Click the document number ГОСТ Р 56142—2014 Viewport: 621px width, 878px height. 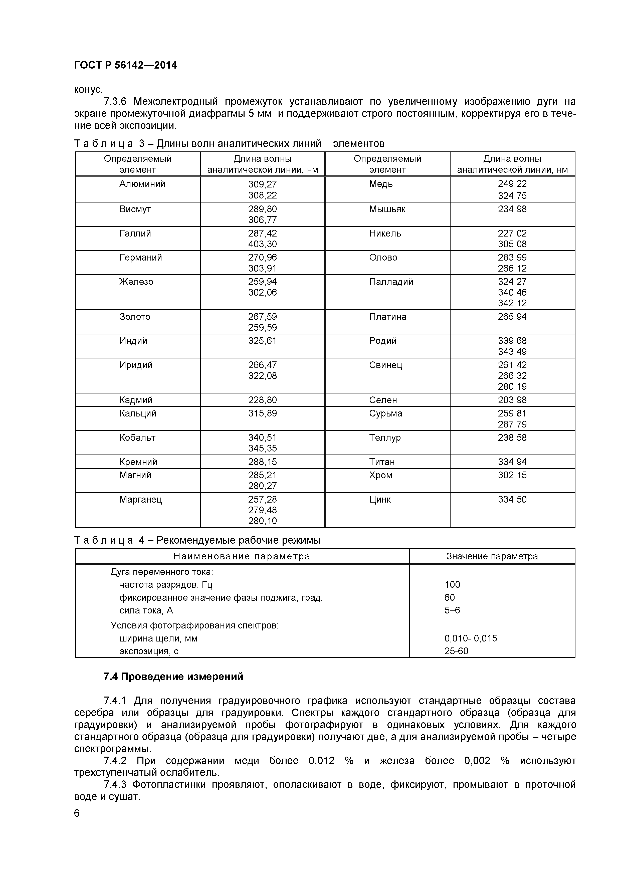[125, 65]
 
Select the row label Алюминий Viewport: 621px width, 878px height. [142, 184]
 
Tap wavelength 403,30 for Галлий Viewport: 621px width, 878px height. [262, 244]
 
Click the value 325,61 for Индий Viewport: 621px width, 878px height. [262, 341]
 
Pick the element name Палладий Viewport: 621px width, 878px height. [391, 282]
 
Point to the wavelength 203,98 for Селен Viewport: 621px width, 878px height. [512, 400]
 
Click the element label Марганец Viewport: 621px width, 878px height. [140, 499]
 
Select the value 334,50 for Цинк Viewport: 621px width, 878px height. [512, 499]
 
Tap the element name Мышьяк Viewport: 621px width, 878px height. [387, 209]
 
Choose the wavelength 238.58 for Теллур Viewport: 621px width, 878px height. [512, 437]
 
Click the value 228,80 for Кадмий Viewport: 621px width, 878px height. [262, 400]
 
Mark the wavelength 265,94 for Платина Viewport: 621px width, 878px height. [512, 317]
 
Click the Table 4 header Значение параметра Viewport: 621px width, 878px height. [492, 556]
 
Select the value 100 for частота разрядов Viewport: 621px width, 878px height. [452, 585]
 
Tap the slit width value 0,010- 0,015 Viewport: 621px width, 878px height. [470, 638]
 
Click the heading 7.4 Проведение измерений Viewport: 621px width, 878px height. [173, 677]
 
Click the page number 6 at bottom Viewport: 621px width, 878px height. [77, 813]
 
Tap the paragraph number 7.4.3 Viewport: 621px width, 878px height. [115, 785]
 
